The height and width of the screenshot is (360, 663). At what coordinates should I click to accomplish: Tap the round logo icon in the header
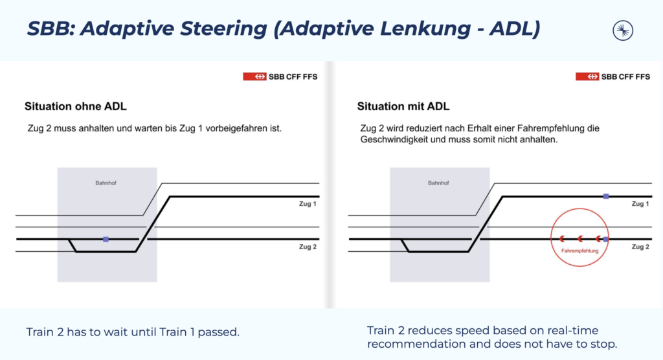(x=623, y=30)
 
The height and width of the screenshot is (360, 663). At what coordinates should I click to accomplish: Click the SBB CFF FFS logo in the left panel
(x=280, y=76)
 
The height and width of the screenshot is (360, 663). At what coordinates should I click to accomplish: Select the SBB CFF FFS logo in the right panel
(x=612, y=76)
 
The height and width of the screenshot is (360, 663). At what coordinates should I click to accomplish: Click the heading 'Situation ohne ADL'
(x=80, y=106)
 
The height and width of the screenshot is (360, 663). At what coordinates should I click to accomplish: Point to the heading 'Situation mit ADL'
(x=403, y=106)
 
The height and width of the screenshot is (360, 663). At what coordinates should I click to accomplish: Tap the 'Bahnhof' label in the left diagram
(x=106, y=183)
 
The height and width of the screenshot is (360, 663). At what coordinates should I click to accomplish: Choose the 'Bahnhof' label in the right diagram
(x=438, y=183)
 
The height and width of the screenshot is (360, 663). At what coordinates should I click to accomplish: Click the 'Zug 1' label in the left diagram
(x=308, y=205)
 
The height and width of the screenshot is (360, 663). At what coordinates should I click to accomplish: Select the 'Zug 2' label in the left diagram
(x=308, y=247)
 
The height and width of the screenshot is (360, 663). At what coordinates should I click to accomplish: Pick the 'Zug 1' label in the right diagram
(x=640, y=205)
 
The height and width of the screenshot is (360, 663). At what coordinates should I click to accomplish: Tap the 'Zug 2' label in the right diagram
(x=640, y=247)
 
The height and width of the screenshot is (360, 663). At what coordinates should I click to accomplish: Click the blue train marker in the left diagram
(x=106, y=239)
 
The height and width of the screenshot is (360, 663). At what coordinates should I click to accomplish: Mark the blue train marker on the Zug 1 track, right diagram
(x=606, y=196)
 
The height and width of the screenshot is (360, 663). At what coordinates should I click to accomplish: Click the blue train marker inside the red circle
(x=606, y=239)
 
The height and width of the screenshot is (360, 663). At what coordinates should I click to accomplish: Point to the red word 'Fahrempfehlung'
(x=579, y=251)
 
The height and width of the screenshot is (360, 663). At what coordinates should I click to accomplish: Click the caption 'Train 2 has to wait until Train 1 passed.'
(x=133, y=332)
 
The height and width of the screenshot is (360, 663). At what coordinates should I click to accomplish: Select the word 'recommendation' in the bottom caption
(x=409, y=343)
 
